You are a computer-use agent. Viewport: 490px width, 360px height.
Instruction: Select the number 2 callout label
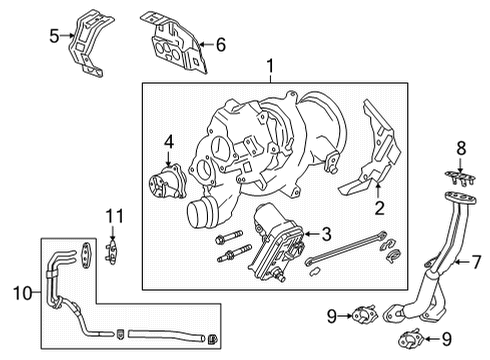pos(379,208)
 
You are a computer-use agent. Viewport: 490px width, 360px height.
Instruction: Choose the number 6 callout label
pos(222,44)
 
